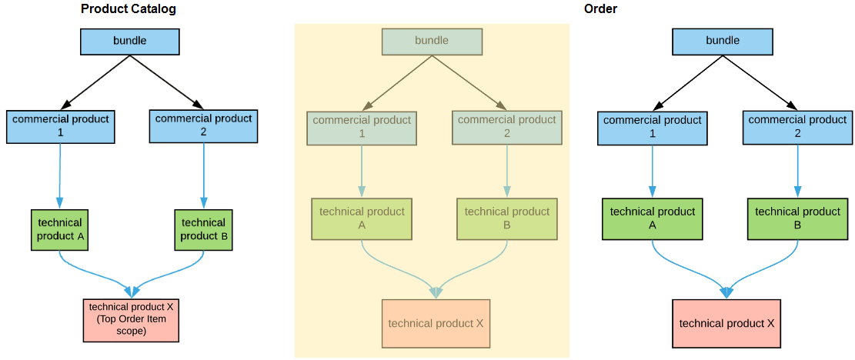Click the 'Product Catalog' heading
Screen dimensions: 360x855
click(128, 9)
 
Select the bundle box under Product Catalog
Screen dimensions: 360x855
click(130, 42)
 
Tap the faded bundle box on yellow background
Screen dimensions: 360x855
click(432, 42)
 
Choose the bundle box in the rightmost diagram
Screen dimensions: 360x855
click(723, 42)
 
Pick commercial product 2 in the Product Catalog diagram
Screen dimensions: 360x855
click(203, 126)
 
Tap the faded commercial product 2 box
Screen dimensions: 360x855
click(506, 128)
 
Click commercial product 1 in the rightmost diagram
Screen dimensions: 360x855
click(653, 128)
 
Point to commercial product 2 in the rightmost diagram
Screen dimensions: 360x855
click(797, 128)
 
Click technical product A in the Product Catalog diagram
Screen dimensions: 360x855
click(59, 229)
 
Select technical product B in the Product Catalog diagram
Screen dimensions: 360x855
click(203, 229)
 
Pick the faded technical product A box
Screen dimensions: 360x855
click(362, 218)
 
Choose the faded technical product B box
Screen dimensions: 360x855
click(507, 218)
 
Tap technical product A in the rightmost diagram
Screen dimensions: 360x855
click(653, 218)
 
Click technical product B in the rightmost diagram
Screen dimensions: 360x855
click(797, 218)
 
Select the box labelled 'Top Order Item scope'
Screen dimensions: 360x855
click(132, 319)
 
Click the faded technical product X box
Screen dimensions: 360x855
click(436, 324)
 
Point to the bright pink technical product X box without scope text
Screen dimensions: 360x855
click(726, 324)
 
